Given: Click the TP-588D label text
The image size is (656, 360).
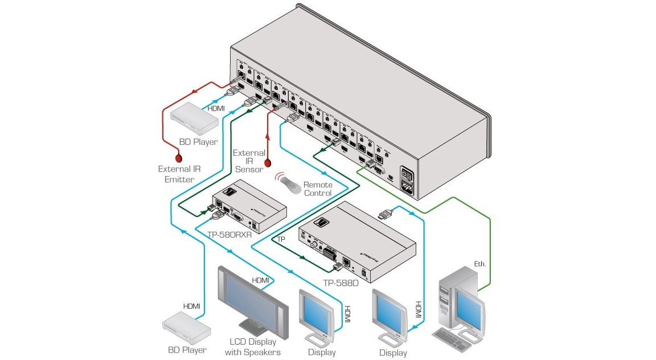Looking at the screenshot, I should [341, 284].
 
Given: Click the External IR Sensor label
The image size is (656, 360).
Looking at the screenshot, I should [249, 161].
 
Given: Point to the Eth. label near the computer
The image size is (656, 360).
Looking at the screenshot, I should [480, 264].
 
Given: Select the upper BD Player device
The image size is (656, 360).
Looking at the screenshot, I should [194, 118].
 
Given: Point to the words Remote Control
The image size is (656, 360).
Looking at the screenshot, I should [317, 189].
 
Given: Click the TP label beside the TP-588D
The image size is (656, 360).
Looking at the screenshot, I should [281, 239].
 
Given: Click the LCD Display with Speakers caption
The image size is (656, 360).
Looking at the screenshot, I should [252, 347].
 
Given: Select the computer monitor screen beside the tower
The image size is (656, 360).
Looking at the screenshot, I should [469, 308].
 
